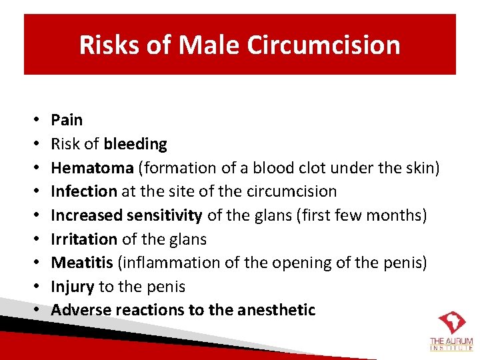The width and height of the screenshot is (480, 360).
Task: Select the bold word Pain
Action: click(x=67, y=120)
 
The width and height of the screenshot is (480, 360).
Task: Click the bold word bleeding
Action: click(x=135, y=144)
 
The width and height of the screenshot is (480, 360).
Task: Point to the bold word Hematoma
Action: click(x=83, y=167)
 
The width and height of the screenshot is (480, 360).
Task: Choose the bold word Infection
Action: click(x=83, y=191)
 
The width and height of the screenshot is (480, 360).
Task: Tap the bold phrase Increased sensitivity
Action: click(x=127, y=215)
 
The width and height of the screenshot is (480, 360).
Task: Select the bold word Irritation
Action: click(x=83, y=239)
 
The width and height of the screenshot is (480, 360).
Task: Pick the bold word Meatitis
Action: click(x=82, y=263)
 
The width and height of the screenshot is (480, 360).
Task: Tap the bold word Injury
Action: click(x=73, y=287)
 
